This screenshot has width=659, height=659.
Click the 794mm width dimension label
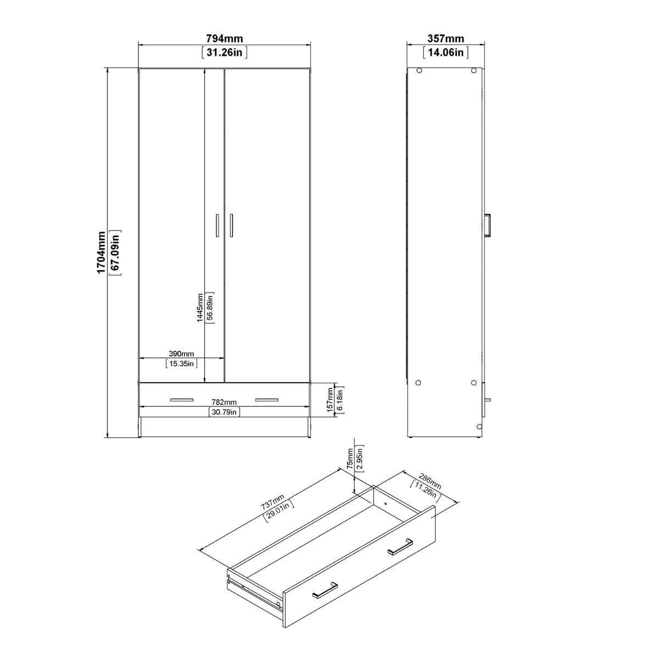coord(224,39)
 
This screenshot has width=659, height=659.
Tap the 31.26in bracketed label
coord(224,53)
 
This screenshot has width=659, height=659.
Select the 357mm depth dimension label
coord(445,39)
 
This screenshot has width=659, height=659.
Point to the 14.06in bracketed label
coord(445,53)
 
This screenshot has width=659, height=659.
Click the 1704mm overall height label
coord(101,253)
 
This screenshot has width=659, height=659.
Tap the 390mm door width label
coord(181,353)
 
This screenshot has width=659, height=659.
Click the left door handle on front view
coord(217,225)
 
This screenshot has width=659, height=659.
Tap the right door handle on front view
coord(232,225)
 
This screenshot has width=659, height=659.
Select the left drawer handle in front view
coord(182,399)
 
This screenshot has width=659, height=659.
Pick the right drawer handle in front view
coord(267,399)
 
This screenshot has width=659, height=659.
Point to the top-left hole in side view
coord(419,70)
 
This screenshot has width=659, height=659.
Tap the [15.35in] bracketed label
coord(181,363)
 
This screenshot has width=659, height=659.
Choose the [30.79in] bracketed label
coord(224,412)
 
